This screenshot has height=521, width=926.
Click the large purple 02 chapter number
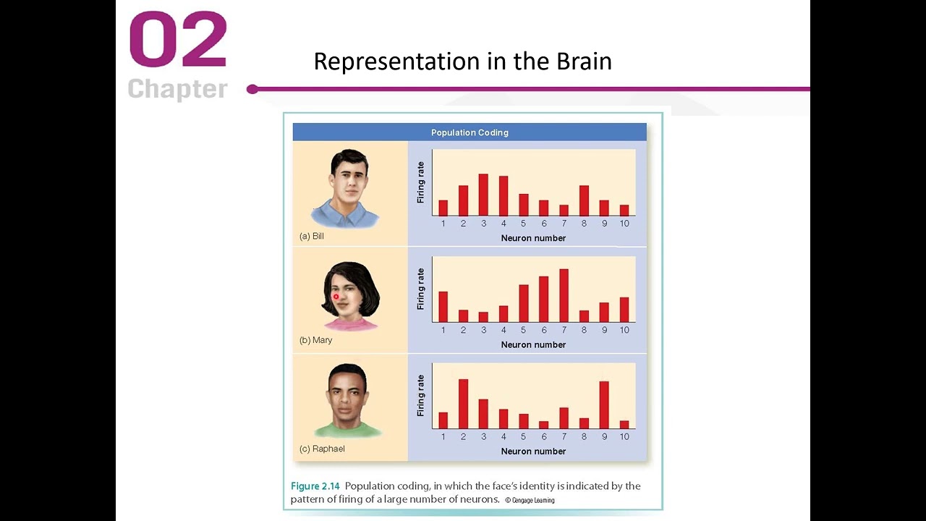(x=178, y=41)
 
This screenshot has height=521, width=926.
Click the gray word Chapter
(x=178, y=89)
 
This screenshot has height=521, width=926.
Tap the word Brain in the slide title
(x=584, y=62)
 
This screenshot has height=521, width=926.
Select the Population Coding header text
(x=470, y=132)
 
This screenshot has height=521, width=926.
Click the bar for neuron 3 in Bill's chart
(x=483, y=195)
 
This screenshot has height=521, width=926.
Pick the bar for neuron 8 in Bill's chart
(x=584, y=200)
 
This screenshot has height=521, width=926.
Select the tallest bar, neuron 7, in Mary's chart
(x=564, y=295)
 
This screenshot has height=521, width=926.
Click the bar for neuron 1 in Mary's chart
(x=443, y=307)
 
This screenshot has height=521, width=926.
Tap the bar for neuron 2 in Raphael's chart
(x=463, y=404)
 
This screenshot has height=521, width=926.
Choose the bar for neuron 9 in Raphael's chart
(x=604, y=405)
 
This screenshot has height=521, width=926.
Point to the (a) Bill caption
(x=312, y=237)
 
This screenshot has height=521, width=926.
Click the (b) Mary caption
(x=316, y=340)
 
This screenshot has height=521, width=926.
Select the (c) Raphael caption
(x=322, y=449)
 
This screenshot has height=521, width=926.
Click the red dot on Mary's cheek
(x=336, y=297)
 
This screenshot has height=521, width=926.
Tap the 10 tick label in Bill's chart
(x=624, y=224)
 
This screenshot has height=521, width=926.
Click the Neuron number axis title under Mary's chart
(x=533, y=344)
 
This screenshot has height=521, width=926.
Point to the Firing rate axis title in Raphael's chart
(x=421, y=395)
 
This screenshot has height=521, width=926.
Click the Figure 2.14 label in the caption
(x=315, y=486)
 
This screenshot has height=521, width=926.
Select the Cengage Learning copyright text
(x=530, y=500)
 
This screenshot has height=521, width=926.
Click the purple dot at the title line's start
(x=252, y=89)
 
